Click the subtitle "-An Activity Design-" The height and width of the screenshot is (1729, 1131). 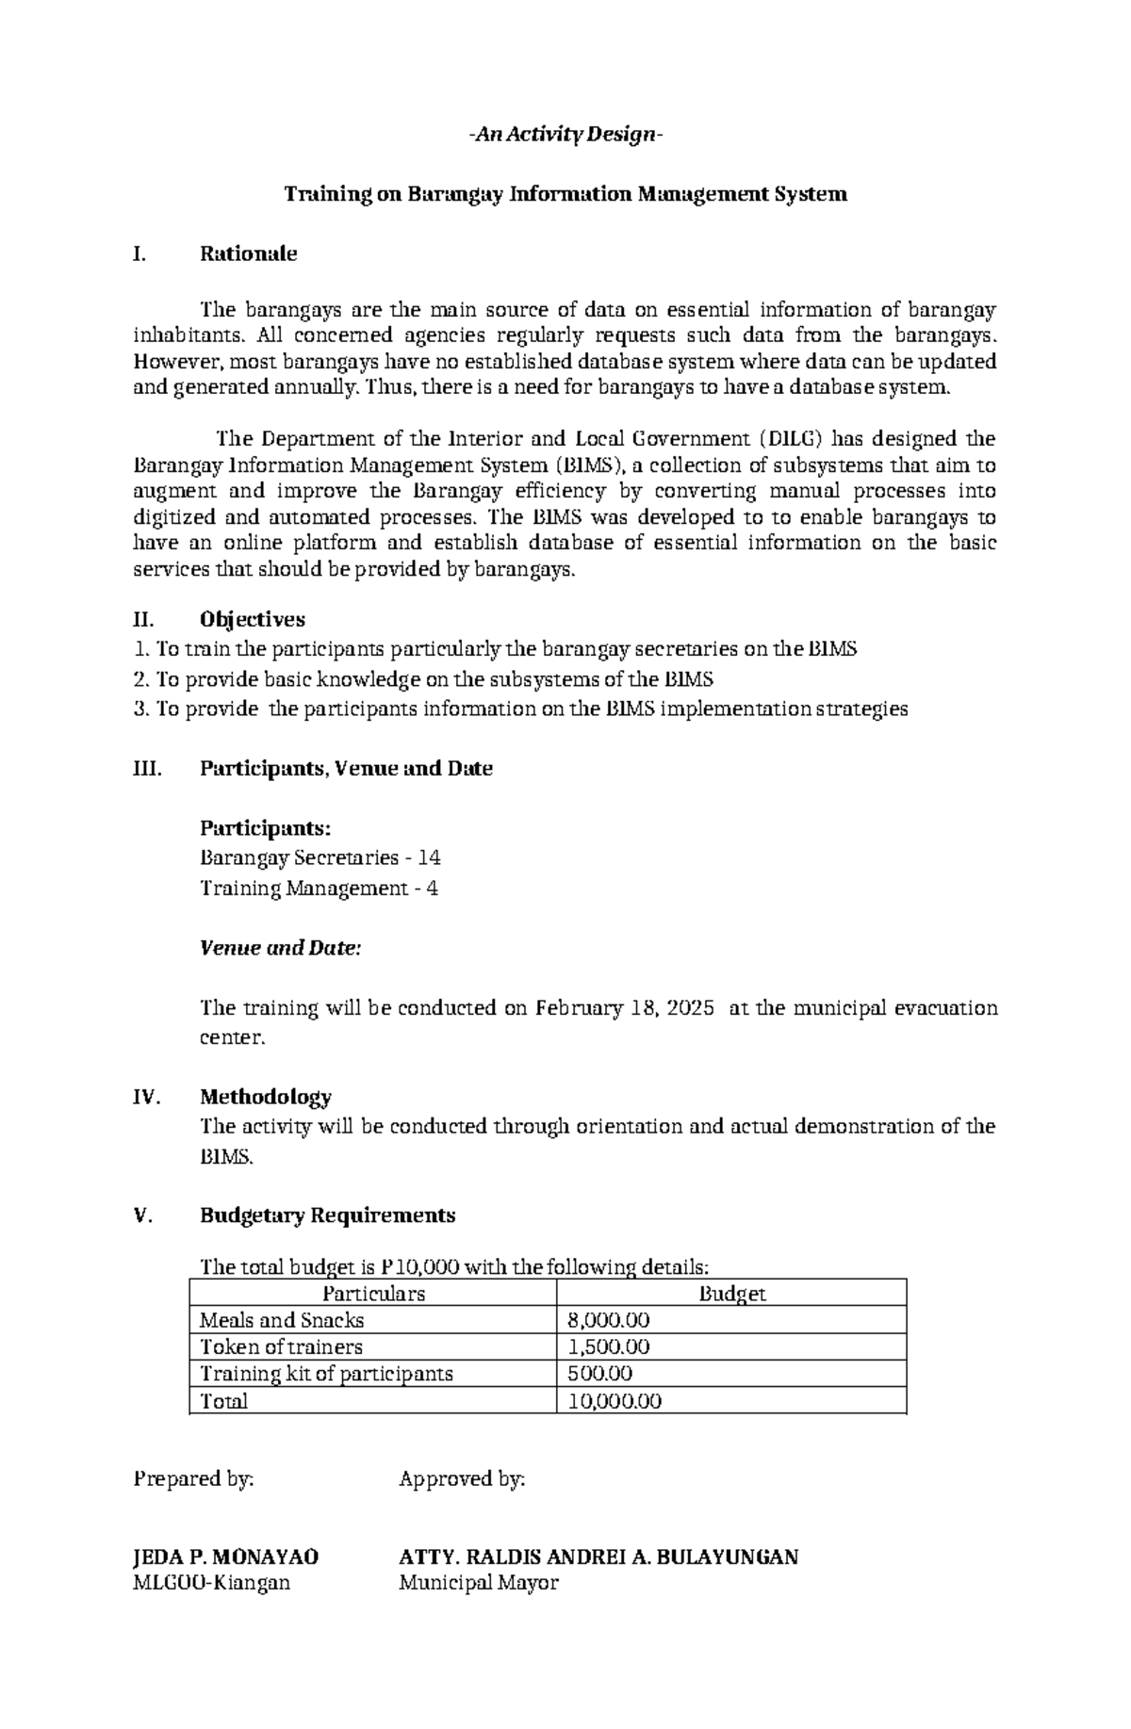565,136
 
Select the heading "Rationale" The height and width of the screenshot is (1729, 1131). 248,253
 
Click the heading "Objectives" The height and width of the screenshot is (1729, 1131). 253,619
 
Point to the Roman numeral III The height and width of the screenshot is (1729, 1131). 148,769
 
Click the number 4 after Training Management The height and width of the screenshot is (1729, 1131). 432,889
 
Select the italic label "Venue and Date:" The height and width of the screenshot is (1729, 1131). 281,949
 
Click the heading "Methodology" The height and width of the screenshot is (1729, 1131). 266,1097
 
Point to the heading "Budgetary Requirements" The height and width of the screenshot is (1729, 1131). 327,1215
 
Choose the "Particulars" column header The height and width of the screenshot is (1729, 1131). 373,1294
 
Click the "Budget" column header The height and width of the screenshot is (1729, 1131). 731,1294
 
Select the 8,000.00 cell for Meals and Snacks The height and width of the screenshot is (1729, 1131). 609,1321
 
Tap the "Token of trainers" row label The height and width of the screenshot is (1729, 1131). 282,1347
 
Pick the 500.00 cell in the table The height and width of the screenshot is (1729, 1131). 600,1374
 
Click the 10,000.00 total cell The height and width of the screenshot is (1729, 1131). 615,1401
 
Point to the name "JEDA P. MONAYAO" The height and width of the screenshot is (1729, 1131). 226,1557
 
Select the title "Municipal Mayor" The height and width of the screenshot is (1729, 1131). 479,1583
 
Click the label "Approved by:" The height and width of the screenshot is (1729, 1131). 462,1479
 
